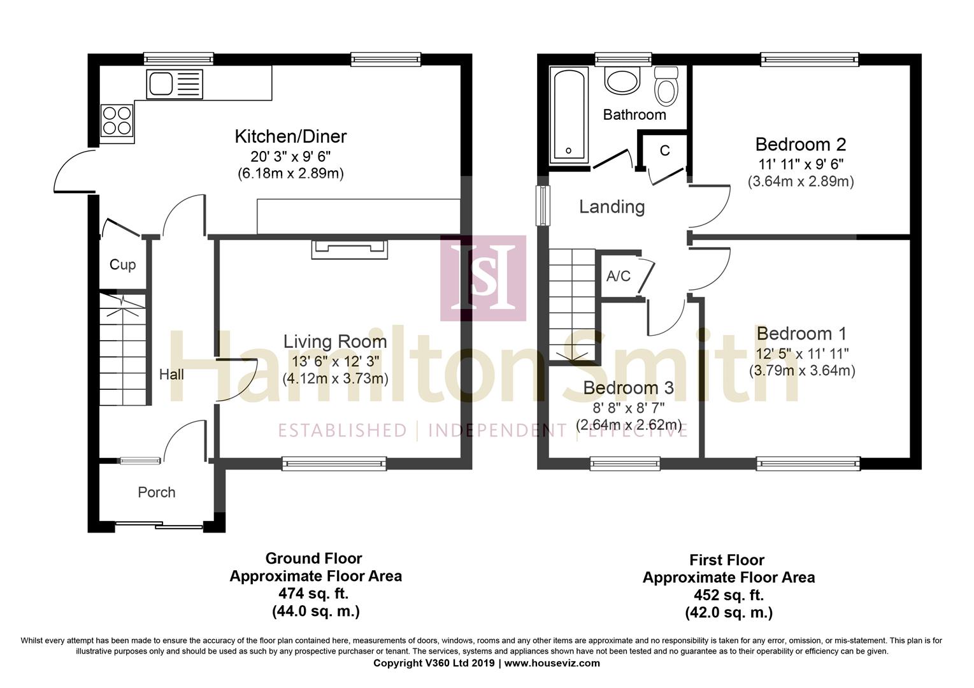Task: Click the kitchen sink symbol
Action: point(174,84)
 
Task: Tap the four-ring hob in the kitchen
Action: point(117,120)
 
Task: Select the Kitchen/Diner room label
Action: point(290,136)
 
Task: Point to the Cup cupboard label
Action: point(122,264)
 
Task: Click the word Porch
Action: point(157,492)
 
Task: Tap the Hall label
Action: point(171,375)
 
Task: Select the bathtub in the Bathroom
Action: point(569,115)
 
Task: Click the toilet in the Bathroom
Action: point(667,88)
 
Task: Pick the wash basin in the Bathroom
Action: point(621,82)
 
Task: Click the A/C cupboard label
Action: point(618,276)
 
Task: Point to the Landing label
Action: point(612,206)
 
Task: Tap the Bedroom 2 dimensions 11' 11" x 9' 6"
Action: point(801,163)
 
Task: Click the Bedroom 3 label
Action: point(628,388)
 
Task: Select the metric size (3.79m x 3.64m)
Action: point(802,370)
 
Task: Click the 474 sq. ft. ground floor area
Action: point(314,594)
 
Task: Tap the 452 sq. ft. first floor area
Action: point(729,596)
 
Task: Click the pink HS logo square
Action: point(483,278)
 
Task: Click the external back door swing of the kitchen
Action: point(71,171)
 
